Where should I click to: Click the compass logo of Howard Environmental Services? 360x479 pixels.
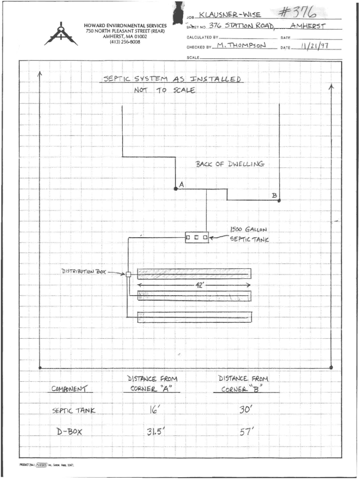pos(61,34)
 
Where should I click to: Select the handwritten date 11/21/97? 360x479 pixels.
pos(315,46)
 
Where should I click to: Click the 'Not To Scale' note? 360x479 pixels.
pos(164,90)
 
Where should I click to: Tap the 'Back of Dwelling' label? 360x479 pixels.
pos(230,164)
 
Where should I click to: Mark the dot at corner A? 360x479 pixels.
pos(175,189)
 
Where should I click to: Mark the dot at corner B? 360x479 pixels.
pos(279,200)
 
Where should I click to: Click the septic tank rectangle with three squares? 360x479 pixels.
pos(197,238)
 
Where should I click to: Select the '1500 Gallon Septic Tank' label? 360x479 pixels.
pos(249,234)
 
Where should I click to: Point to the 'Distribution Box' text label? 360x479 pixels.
pos(84,271)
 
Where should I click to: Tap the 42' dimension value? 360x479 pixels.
pos(198,285)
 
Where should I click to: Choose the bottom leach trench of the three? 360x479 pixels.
pos(194,317)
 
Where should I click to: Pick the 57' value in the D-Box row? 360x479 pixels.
pos(245,432)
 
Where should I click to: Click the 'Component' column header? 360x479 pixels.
pos(69,389)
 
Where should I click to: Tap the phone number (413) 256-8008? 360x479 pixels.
pos(125,42)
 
